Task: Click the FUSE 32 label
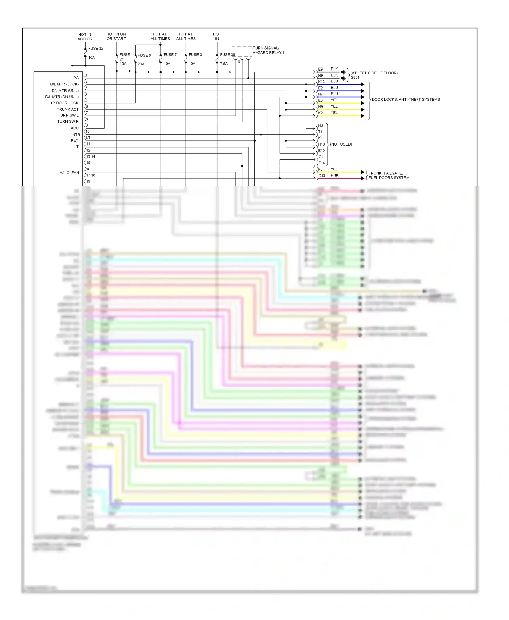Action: click(96, 49)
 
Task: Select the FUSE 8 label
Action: click(144, 55)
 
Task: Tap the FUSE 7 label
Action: click(170, 55)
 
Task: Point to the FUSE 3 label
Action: click(195, 55)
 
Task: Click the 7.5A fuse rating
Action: click(224, 64)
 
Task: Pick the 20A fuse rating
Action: click(141, 64)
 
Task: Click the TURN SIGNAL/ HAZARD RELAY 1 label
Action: click(268, 50)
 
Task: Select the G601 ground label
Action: click(355, 78)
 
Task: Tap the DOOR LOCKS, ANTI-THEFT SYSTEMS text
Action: click(406, 100)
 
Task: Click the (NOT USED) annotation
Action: click(341, 144)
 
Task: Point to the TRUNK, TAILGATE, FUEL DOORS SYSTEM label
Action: click(389, 175)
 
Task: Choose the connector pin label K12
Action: click(321, 82)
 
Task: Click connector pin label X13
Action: click(322, 176)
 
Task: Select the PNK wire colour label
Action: click(335, 175)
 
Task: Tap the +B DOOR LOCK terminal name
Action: click(64, 103)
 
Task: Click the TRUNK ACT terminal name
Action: click(68, 109)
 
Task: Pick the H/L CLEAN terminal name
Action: click(69, 173)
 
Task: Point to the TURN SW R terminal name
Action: click(68, 121)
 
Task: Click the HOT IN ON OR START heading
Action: click(116, 36)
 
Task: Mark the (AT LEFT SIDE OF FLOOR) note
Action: click(374, 73)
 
